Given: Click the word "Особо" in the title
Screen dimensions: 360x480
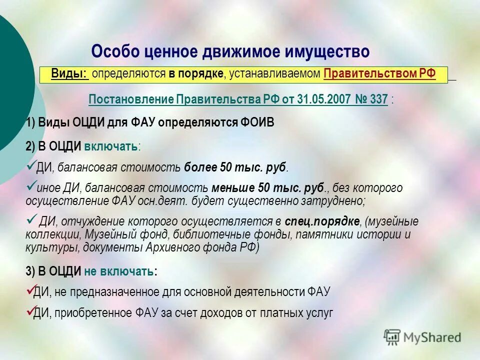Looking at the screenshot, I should (x=116, y=51).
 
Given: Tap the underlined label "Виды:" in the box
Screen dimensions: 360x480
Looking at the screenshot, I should (x=69, y=74).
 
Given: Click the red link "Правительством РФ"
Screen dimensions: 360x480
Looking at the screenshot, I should (x=379, y=74).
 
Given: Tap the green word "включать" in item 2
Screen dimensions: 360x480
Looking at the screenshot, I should (x=110, y=146).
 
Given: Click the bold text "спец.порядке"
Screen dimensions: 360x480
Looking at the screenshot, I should (x=322, y=221).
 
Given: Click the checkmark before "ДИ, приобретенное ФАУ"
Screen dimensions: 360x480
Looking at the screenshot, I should (x=29, y=310).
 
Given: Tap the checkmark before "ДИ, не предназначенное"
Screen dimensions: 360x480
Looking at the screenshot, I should (x=29, y=289).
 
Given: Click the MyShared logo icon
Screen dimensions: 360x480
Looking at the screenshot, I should (x=392, y=336).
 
